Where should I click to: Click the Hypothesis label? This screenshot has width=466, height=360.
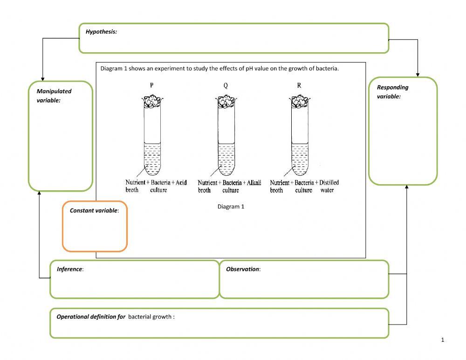click(101, 32)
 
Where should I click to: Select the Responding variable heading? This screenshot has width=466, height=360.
click(392, 91)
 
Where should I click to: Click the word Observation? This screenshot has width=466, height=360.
click(243, 269)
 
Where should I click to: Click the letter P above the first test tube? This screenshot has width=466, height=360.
click(152, 85)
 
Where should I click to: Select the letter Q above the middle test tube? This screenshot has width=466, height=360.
click(226, 85)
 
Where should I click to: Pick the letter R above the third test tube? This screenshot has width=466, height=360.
click(299, 85)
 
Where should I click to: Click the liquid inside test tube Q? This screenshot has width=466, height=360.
click(226, 159)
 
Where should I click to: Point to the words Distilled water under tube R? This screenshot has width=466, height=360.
click(329, 186)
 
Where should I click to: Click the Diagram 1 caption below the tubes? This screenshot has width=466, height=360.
click(231, 206)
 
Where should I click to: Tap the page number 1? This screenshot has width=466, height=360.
click(442, 340)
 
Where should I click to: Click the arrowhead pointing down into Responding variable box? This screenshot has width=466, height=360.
click(418, 75)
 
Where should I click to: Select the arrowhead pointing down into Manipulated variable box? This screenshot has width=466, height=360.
click(43, 78)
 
